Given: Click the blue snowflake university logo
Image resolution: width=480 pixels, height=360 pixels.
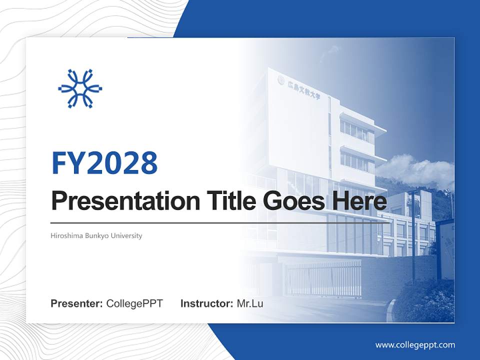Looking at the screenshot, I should [x=80, y=89].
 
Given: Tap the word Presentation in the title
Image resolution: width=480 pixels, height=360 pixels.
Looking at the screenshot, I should [x=118, y=201].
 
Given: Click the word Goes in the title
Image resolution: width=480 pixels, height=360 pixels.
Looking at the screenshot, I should [x=288, y=201].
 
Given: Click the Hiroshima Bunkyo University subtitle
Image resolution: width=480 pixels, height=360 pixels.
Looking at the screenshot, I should [x=96, y=235].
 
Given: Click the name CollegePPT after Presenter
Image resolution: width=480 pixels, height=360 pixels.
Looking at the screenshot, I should [x=134, y=303].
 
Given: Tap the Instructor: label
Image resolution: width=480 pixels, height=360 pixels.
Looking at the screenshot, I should [x=206, y=303].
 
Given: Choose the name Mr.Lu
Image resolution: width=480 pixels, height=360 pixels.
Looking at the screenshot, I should [x=250, y=303].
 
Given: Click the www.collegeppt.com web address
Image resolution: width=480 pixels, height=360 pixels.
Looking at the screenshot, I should [x=415, y=345].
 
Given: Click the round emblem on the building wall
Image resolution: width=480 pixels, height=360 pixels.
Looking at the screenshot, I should [x=281, y=79].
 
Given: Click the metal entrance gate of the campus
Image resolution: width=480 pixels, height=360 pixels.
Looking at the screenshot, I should [x=322, y=278].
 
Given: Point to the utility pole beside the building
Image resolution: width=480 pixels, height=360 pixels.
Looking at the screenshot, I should [x=413, y=235].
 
